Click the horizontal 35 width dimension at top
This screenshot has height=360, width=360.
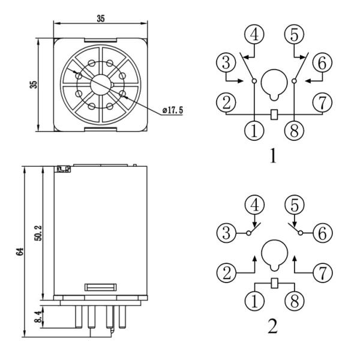[x=100, y=19]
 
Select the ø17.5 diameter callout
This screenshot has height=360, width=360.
[x=172, y=110]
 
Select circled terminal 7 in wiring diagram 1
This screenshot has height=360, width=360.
[x=322, y=103]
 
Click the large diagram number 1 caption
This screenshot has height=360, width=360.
[x=273, y=157]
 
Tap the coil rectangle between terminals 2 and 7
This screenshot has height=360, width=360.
[x=274, y=114]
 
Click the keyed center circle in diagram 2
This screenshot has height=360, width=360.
[x=274, y=253]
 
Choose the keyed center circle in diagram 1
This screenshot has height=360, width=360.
[x=274, y=83]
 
